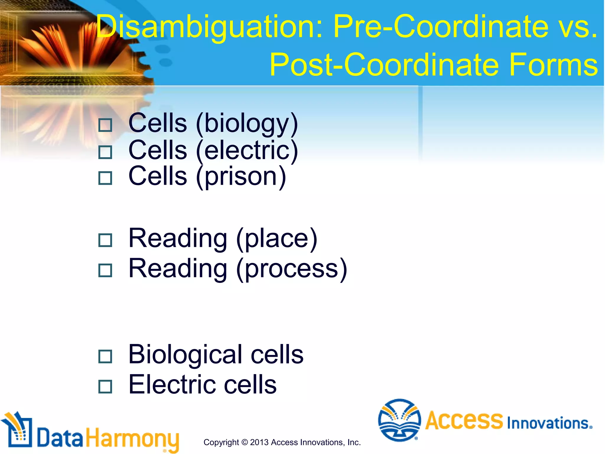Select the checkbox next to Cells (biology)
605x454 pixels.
(x=105, y=125)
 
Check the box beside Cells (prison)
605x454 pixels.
(x=105, y=178)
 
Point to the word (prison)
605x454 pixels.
(x=241, y=176)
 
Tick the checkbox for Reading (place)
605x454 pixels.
(x=105, y=240)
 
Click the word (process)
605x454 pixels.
(x=292, y=269)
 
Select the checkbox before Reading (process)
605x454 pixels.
(x=105, y=270)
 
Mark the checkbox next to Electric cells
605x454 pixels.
(x=105, y=387)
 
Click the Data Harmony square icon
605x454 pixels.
(x=17, y=431)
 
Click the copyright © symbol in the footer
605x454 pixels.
(x=244, y=442)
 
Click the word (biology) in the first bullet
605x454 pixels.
(x=247, y=124)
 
